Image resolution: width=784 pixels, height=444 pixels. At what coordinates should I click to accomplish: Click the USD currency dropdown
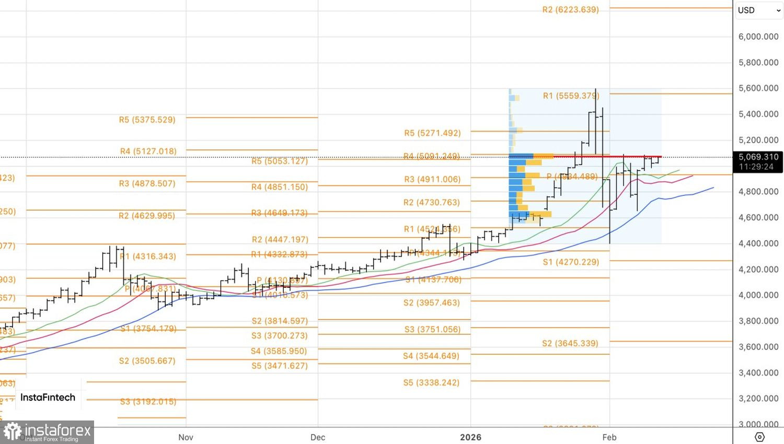click(758, 10)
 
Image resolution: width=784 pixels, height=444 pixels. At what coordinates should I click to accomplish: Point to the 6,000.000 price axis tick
click(758, 37)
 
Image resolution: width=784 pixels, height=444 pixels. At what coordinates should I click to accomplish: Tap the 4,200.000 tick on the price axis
click(758, 270)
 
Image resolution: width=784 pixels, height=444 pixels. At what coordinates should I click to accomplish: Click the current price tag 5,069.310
click(758, 157)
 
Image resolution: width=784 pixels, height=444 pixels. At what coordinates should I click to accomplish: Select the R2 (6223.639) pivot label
click(570, 10)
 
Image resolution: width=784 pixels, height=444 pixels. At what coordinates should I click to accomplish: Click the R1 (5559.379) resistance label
click(571, 96)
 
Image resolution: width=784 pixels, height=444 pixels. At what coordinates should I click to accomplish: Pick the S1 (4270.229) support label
click(571, 262)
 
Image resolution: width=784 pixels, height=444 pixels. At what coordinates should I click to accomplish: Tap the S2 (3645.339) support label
click(570, 344)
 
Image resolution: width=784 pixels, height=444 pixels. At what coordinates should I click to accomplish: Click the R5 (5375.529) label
click(147, 120)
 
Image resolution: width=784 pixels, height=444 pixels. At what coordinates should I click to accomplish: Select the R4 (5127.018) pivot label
click(148, 151)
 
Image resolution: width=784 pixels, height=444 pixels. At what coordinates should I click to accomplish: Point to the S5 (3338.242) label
click(431, 383)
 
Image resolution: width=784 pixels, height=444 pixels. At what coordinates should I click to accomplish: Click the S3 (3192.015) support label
click(148, 402)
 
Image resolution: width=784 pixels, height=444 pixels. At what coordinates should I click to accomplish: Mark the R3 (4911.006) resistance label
click(432, 180)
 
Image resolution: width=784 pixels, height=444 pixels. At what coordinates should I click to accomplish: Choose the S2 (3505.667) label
click(147, 361)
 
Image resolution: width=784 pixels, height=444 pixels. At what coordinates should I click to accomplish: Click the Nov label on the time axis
click(186, 437)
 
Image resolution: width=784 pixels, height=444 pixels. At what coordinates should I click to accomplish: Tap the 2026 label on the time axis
click(470, 437)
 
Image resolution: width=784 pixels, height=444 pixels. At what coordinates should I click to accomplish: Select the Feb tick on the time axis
click(609, 437)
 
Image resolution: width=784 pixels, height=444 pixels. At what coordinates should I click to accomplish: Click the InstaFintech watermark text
click(48, 398)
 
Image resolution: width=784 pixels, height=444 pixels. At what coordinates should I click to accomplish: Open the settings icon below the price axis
click(759, 437)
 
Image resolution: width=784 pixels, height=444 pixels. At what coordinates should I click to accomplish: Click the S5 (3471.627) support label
click(280, 366)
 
